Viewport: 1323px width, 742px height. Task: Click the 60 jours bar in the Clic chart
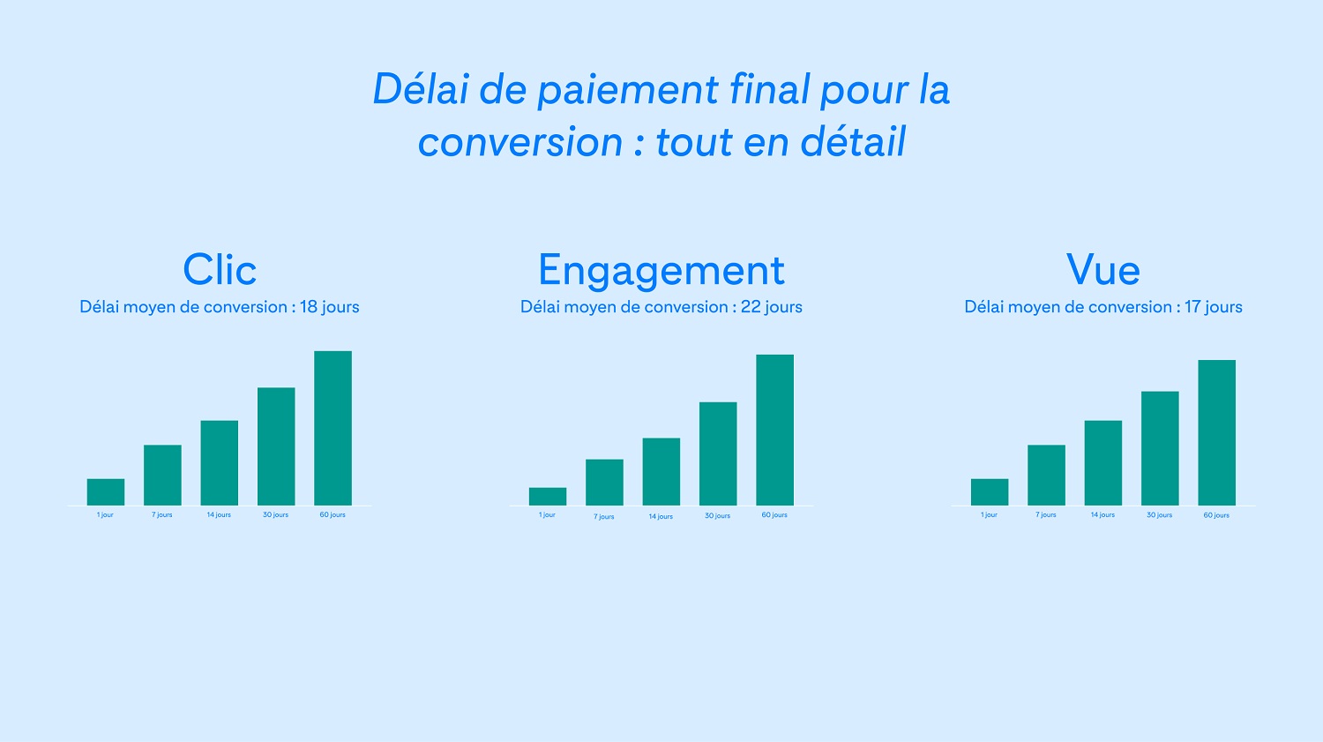333,428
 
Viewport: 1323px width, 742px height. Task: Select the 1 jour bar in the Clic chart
106,492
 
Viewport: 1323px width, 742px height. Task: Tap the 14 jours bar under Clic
219,463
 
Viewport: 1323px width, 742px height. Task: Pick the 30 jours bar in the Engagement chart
718,453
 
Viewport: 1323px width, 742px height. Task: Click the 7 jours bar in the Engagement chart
604,483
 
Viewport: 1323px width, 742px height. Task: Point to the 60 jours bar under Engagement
775,430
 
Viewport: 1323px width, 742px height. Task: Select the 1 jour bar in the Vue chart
990,492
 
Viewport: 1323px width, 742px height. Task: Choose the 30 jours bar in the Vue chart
1160,448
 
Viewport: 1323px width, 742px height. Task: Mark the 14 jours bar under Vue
1103,463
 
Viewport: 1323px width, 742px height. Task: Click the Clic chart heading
220,269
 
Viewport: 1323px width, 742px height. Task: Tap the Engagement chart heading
661,271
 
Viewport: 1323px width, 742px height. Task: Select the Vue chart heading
1102,269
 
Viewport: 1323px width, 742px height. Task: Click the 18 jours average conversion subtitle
219,307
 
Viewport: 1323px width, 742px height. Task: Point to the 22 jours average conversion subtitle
661,307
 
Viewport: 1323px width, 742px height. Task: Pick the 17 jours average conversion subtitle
1103,307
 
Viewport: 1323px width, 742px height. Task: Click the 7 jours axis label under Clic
161,514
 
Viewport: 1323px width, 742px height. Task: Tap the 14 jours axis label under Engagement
661,516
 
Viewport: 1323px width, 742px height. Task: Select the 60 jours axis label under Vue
1216,515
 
